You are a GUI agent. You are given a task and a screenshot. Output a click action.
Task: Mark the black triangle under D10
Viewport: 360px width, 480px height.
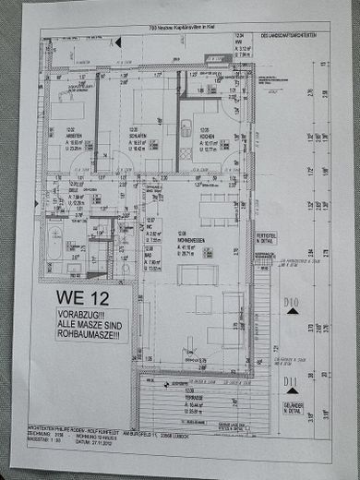coord(292,312)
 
